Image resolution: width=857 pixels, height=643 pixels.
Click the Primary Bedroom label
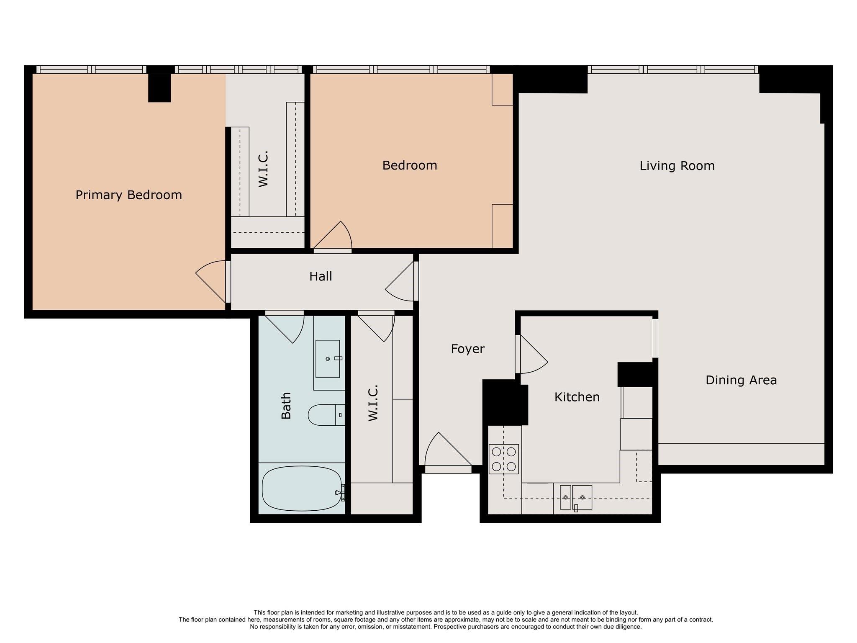click(128, 195)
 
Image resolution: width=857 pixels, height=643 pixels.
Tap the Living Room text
click(677, 166)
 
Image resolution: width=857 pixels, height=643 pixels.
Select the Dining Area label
click(741, 380)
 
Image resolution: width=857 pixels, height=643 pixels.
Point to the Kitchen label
click(577, 397)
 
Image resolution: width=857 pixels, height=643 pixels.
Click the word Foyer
click(467, 349)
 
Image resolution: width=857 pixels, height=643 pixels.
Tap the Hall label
click(321, 276)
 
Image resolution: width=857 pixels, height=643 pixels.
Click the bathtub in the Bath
click(301, 489)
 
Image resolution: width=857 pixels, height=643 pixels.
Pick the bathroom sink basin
click(327, 359)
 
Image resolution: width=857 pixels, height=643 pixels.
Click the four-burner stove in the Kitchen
click(503, 459)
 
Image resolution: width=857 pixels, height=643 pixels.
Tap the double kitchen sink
click(576, 497)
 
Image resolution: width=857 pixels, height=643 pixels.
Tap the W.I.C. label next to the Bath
click(373, 403)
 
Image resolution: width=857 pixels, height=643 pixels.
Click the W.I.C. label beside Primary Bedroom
click(263, 169)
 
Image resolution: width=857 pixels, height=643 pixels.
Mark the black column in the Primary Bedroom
click(159, 87)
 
